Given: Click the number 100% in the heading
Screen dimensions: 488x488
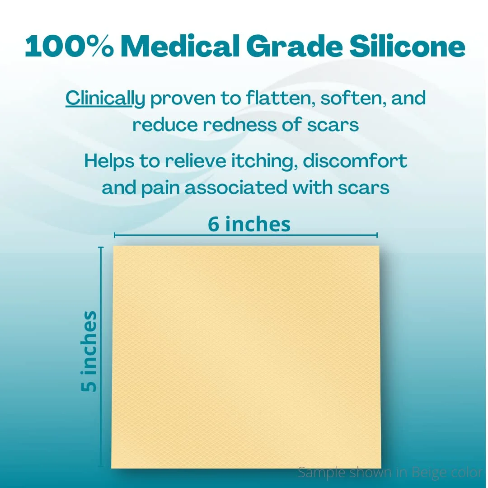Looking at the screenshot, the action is (x=69, y=46).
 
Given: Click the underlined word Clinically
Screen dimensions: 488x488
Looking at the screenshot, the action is (x=105, y=99).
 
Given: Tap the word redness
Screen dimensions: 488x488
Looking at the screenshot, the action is (x=239, y=125).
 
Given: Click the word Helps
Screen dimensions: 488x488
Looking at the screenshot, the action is (x=109, y=161).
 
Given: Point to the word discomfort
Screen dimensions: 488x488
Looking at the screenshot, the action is (x=355, y=161).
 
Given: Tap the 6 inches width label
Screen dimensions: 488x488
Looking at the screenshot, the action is (x=249, y=224).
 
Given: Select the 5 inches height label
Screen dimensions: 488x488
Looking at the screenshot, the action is (x=89, y=351).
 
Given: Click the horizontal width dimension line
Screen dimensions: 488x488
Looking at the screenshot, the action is (x=246, y=235).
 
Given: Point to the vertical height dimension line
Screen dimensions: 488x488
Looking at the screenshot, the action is (x=100, y=357).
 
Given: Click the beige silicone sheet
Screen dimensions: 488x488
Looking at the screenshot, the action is (x=246, y=357).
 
